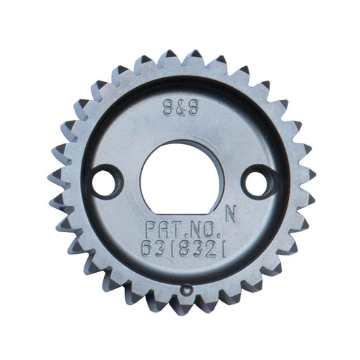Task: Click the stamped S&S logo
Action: coord(181,108)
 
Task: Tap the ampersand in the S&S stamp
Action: coord(181,108)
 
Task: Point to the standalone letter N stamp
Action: coord(231,214)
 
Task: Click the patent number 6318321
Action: coord(184,249)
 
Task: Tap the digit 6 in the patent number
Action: coord(148,249)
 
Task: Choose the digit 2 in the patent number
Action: coord(214,250)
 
